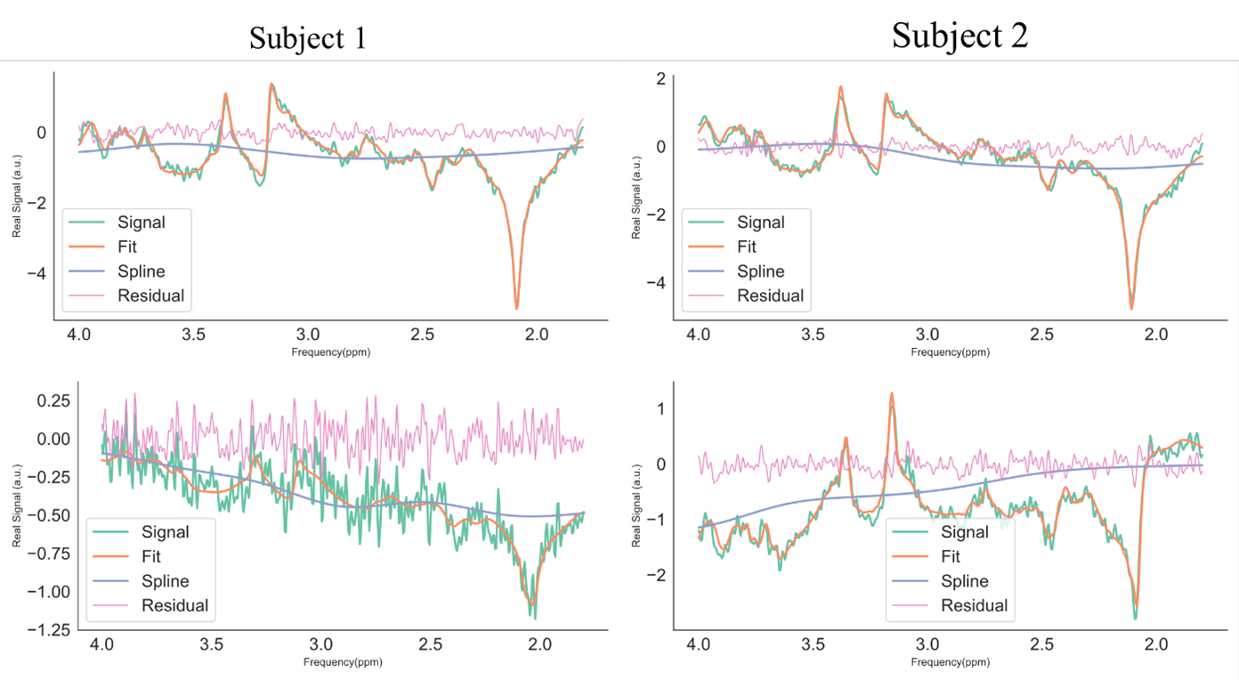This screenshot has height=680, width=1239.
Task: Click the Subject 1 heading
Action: (x=308, y=38)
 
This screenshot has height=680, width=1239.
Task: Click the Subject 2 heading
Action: (x=960, y=36)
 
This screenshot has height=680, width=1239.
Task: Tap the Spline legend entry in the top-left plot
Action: (x=141, y=271)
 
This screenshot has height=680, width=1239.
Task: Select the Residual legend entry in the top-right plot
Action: (x=770, y=295)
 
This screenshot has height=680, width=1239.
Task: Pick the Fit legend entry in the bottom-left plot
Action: (x=151, y=556)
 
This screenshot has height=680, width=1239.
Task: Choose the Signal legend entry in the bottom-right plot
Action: (x=965, y=531)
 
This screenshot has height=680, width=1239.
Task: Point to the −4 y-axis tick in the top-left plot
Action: (x=36, y=273)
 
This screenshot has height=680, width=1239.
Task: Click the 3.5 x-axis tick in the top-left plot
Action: (x=193, y=335)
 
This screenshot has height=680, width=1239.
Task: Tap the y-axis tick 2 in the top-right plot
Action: (x=660, y=78)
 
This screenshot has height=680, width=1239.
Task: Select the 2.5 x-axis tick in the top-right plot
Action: (x=1041, y=335)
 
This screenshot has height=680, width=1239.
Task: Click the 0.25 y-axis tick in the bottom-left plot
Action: (x=53, y=401)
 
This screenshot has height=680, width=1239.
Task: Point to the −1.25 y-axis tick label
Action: (x=49, y=629)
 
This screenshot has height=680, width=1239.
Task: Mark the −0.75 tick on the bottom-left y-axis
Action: (x=49, y=554)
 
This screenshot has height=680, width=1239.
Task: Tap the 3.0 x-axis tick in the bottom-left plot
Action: (x=320, y=644)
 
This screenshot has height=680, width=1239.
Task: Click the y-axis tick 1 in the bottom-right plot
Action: (x=660, y=409)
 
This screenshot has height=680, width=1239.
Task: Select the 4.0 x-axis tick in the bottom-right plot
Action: (x=698, y=644)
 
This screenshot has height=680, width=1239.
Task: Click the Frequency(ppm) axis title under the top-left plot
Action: (x=331, y=352)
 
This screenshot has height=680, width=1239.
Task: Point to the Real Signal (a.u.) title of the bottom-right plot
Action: (x=636, y=506)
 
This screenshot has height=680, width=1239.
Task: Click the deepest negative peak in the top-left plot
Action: (x=516, y=308)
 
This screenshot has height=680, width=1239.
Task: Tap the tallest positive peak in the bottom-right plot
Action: (x=892, y=394)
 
